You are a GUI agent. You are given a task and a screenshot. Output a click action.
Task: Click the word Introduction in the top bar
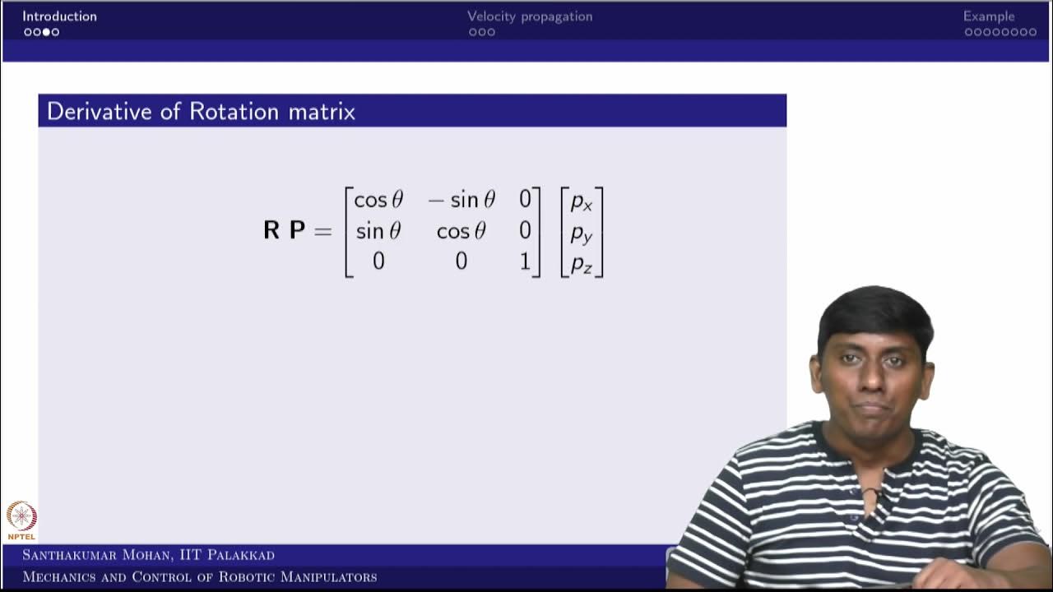59,16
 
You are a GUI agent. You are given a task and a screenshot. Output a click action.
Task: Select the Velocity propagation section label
530,16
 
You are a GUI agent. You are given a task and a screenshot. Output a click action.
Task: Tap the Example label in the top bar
989,16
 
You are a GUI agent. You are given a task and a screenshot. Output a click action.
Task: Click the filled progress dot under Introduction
46,32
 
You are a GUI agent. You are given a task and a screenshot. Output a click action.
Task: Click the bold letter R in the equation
271,231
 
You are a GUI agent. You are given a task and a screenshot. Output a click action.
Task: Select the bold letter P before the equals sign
297,231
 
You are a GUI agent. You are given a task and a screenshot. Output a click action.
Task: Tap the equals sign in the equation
322,231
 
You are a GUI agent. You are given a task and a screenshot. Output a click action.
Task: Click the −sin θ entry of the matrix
462,200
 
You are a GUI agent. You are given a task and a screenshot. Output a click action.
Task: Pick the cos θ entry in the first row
378,200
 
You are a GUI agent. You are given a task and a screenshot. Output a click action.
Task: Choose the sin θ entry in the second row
378,231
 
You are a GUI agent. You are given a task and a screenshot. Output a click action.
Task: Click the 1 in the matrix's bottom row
525,261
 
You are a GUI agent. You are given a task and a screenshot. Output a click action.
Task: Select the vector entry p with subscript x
582,201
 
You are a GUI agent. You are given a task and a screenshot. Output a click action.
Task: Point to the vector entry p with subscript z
582,263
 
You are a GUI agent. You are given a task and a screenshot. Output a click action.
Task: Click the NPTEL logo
21,519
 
